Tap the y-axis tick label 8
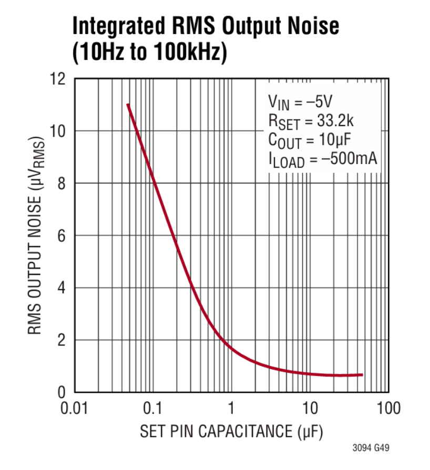(x=62, y=183)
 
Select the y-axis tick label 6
(x=62, y=236)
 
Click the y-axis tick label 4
(x=62, y=288)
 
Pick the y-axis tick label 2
(x=62, y=340)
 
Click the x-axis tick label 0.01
(x=74, y=408)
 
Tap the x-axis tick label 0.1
(x=153, y=408)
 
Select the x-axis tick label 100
(x=387, y=408)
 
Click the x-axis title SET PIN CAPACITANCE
(x=231, y=432)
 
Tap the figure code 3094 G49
(x=371, y=448)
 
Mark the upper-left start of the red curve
(x=128, y=105)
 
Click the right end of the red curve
(x=362, y=375)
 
